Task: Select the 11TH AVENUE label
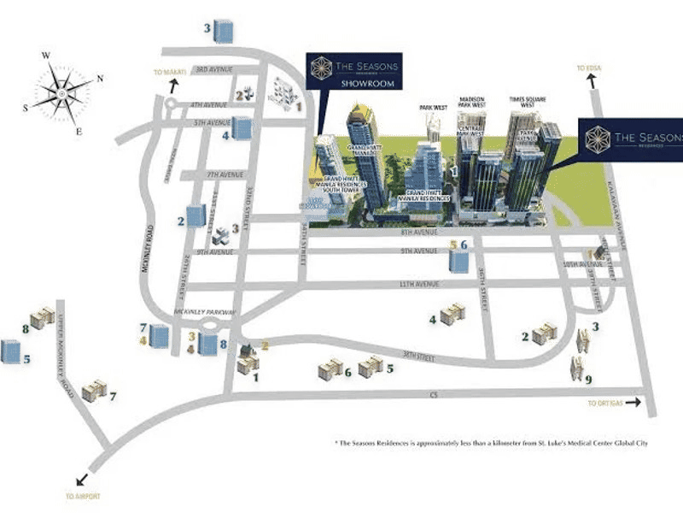[393, 283]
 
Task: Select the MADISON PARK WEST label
[471, 104]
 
